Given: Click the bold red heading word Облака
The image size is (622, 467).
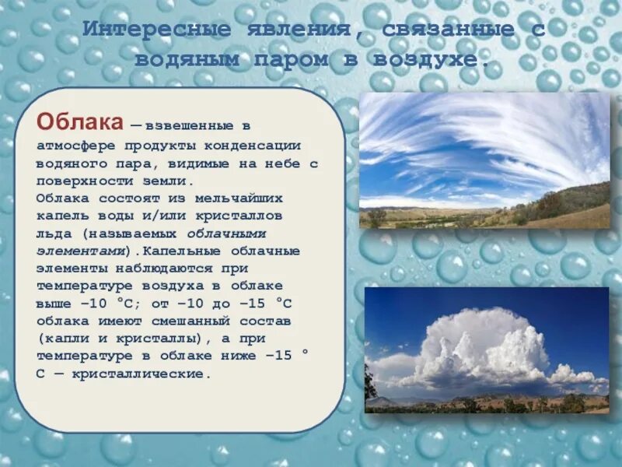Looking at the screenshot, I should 79,123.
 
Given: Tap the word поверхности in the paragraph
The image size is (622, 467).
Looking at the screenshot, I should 80,181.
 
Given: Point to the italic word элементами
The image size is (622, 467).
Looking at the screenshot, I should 81,251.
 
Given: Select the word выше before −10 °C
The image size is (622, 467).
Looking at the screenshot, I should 52,303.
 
